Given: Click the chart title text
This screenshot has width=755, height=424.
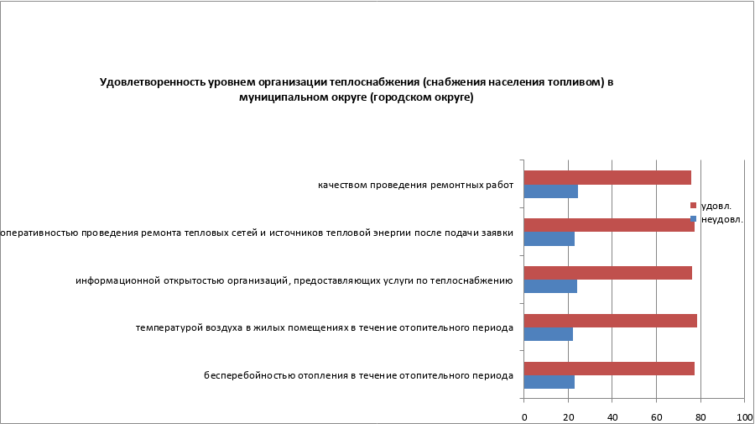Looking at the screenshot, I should pos(357,90).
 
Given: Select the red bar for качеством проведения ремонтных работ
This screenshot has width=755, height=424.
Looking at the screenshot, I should pos(607,177).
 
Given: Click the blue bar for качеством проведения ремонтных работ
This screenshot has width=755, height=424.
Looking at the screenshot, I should pos(550,191).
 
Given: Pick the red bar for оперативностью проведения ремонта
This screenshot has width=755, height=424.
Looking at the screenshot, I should pos(609,225).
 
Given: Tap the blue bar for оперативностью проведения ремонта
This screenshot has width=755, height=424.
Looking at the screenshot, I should pos(549,239).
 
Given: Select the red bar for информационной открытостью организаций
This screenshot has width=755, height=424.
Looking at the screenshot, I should pos(607,273).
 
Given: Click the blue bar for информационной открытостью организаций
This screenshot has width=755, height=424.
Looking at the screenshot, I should pos(550,287).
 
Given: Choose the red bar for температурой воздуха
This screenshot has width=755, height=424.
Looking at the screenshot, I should pos(610,321).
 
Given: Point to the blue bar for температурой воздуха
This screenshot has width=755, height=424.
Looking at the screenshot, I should pos(548,334).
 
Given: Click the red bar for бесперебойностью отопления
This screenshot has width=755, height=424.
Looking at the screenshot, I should pos(609,369).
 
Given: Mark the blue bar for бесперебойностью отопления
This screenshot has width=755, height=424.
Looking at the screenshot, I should pos(549,382).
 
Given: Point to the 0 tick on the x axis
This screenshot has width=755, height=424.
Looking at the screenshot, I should pos(524,416).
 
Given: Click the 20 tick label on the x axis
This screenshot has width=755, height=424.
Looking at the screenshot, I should pos(568,416).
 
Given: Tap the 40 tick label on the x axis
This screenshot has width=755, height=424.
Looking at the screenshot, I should pos(612,416).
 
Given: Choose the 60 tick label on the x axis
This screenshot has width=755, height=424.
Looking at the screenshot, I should pos(656,416).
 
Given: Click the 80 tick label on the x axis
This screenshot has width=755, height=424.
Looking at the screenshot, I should pos(700,416).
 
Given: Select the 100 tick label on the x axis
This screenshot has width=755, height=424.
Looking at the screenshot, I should pos(744,416).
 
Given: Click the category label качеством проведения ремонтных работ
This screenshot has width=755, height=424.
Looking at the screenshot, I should pos(415,185).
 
